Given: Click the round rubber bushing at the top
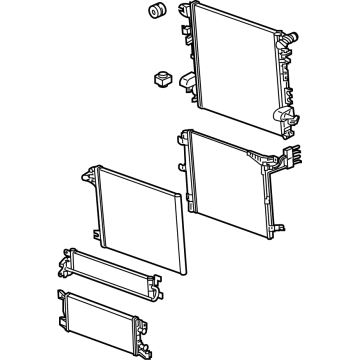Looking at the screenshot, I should pyautogui.click(x=156, y=12).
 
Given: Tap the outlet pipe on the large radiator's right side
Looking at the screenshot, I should pyautogui.click(x=290, y=40).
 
